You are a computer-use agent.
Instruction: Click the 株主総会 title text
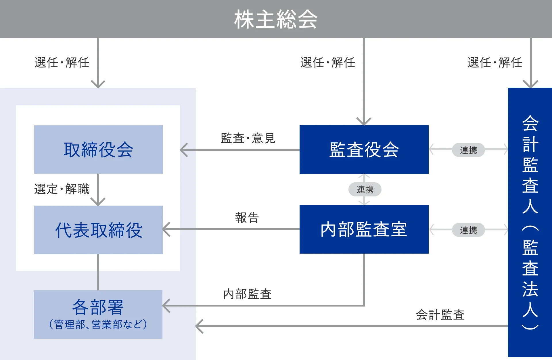[x=276, y=19]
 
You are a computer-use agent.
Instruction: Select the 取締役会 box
[x=98, y=149]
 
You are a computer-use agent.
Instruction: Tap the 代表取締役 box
[x=98, y=230]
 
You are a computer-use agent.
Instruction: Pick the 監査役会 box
[x=364, y=150]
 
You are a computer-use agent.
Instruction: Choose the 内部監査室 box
[x=364, y=229]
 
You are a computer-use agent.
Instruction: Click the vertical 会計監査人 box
[x=530, y=222]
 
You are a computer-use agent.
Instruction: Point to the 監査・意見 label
[x=248, y=138]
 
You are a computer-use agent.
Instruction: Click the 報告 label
[x=247, y=218]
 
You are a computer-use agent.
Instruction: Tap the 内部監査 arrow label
[x=247, y=294]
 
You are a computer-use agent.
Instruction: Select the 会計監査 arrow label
[x=440, y=315]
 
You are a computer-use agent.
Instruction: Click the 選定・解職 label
[x=62, y=189]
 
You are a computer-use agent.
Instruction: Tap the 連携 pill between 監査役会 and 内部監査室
[x=365, y=189]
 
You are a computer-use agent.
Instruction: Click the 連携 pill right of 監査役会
[x=468, y=150]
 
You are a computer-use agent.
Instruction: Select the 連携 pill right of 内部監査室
[x=468, y=230]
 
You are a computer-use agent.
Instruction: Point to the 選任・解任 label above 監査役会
[x=328, y=62]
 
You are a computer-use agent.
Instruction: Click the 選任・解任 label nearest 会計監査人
[x=494, y=62]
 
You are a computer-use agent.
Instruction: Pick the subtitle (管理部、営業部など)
[x=98, y=324]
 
